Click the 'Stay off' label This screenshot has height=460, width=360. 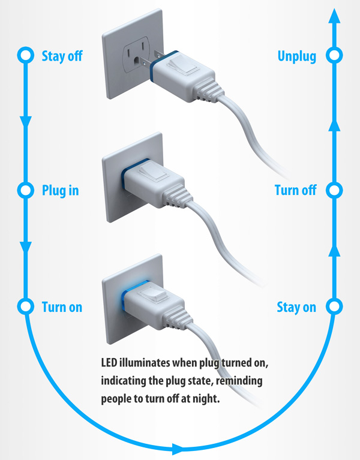[x=62, y=56]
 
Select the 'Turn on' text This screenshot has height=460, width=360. [x=62, y=307]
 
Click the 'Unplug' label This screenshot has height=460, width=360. [x=297, y=56]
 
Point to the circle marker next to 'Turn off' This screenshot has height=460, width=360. [x=334, y=191]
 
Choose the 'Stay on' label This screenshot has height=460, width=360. [x=296, y=307]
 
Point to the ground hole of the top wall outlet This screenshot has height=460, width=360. [x=137, y=62]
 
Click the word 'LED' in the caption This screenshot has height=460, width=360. [x=110, y=363]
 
